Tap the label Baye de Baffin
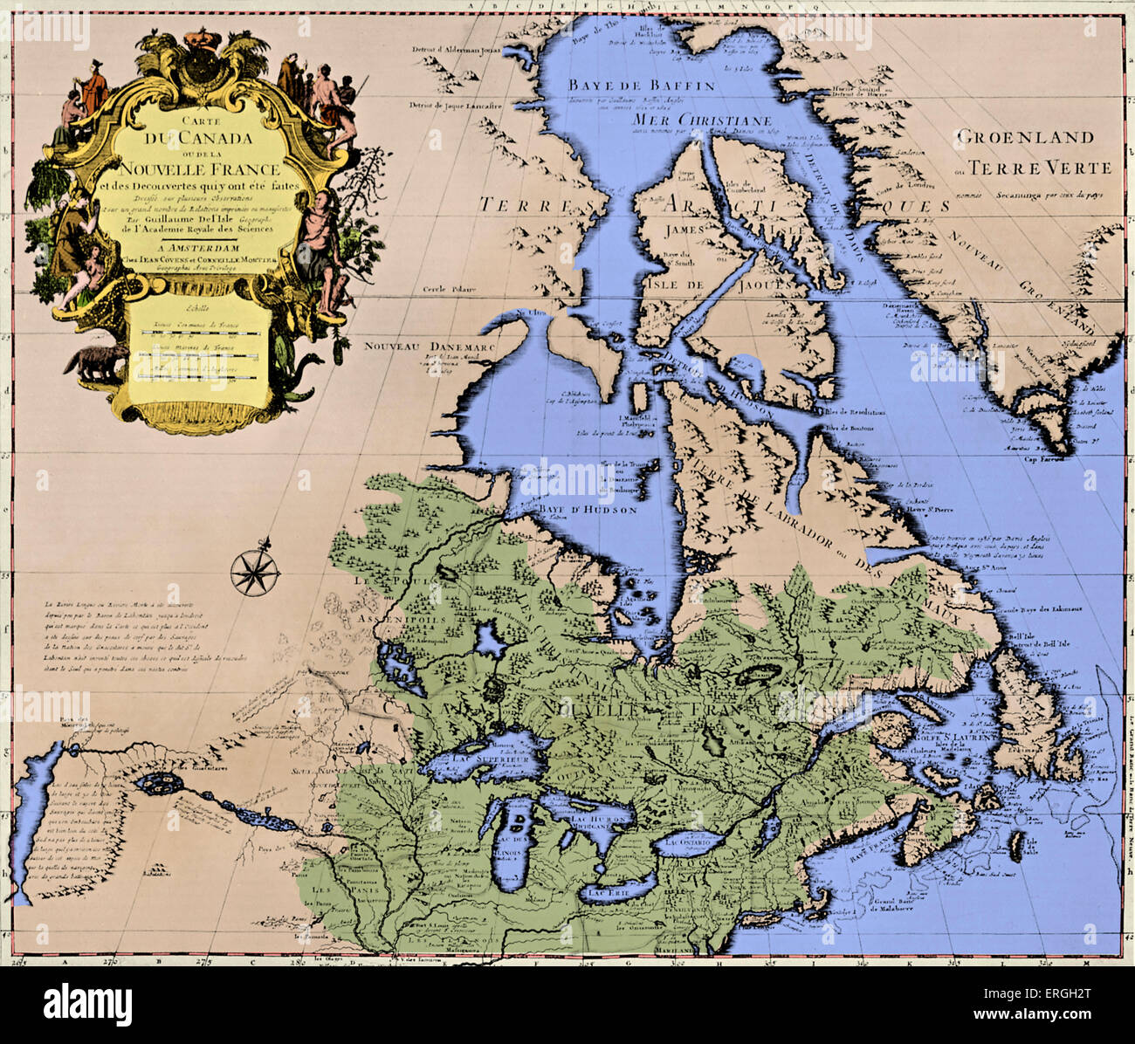coord(642,86)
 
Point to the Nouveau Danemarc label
coord(398,344)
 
